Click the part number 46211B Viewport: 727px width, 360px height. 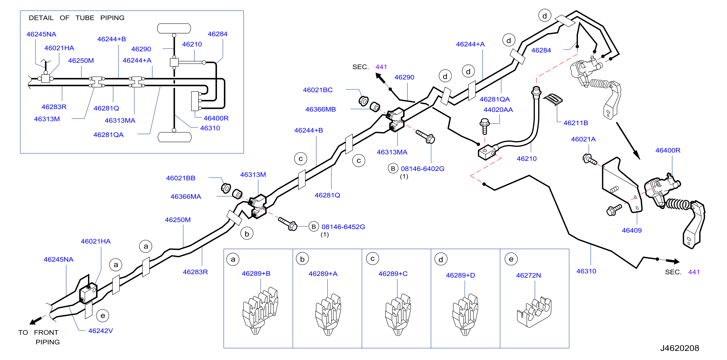click(575, 123)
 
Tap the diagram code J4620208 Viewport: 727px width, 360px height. click(679, 348)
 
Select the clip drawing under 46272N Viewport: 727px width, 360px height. click(534, 312)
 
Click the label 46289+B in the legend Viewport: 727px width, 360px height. click(256, 273)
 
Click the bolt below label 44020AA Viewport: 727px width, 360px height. click(485, 126)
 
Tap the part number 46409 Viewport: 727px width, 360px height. click(631, 230)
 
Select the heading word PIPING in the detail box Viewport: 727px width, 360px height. click(112, 18)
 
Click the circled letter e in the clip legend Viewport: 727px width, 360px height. click(511, 259)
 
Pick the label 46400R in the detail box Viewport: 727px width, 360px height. click(216, 118)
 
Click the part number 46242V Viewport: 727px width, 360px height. click(100, 331)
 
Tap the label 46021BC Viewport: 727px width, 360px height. click(318, 90)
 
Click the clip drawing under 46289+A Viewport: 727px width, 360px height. click(328, 314)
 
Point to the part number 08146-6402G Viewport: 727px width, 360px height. click(423, 169)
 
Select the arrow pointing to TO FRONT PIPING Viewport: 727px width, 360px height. click(38, 320)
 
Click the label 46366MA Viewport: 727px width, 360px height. click(186, 196)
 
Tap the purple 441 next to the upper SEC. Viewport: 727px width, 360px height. click(381, 67)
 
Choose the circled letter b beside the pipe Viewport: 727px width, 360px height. click(247, 234)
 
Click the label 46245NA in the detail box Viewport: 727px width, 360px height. click(41, 34)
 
